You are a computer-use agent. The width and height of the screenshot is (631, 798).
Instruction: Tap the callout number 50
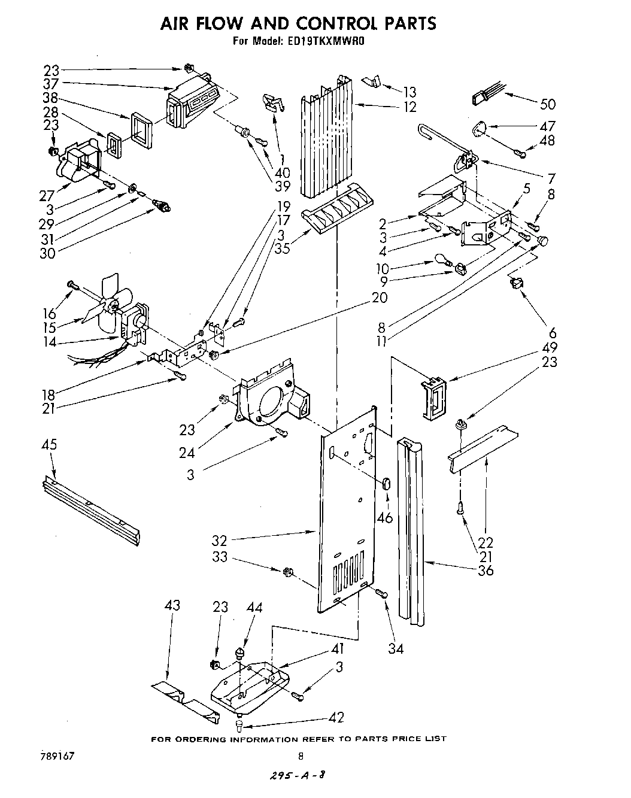(x=547, y=104)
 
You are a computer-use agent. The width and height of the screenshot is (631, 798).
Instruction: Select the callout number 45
(x=50, y=444)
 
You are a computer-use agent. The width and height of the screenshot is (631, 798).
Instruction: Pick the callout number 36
(x=486, y=571)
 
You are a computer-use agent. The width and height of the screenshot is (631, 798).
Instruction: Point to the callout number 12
(x=409, y=107)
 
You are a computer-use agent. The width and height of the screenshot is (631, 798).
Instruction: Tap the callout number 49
(x=549, y=348)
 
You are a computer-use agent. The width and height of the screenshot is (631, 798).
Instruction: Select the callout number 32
(x=219, y=540)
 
